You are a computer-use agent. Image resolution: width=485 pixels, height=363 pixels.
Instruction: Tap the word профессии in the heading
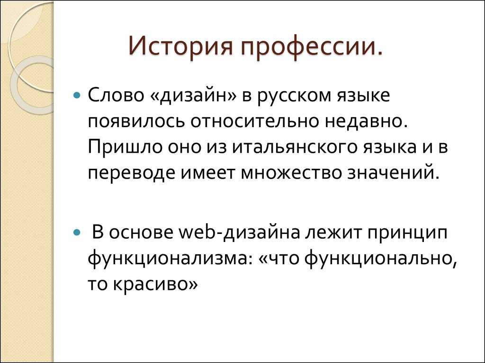point(306,46)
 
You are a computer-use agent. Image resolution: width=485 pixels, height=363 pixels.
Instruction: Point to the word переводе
point(131,173)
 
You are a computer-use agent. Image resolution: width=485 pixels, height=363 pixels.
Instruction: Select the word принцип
point(407,233)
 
